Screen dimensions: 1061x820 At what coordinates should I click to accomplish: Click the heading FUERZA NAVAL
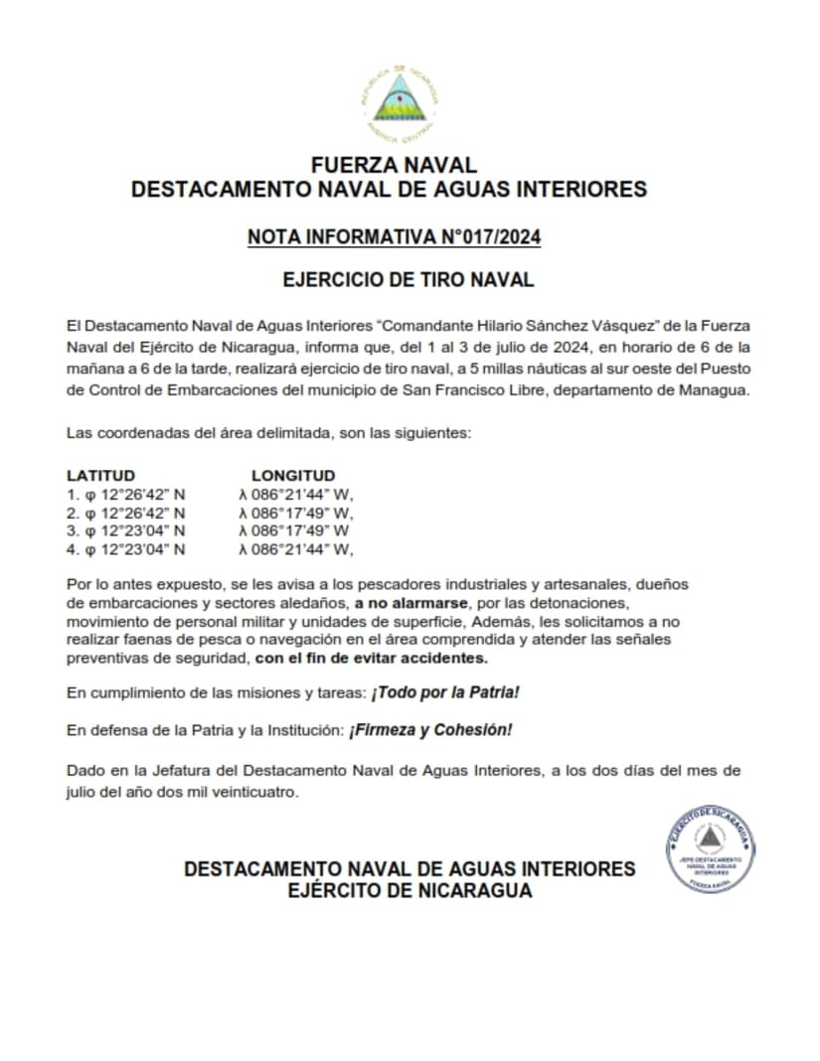tap(394, 165)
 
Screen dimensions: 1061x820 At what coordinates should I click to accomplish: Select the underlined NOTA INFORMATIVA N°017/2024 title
tap(394, 237)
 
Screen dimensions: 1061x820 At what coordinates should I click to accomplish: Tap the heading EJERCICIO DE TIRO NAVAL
tap(409, 279)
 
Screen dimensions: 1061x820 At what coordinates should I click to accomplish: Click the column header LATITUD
tap(100, 476)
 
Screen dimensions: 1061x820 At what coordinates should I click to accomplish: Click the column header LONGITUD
tap(293, 476)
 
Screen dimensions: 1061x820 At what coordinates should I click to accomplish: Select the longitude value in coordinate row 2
tap(295, 513)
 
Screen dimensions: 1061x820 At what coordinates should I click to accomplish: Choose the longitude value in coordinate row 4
tap(295, 548)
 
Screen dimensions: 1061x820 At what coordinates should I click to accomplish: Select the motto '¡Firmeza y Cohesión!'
tap(429, 730)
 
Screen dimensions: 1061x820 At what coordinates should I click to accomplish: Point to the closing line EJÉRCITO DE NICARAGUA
tap(409, 891)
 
